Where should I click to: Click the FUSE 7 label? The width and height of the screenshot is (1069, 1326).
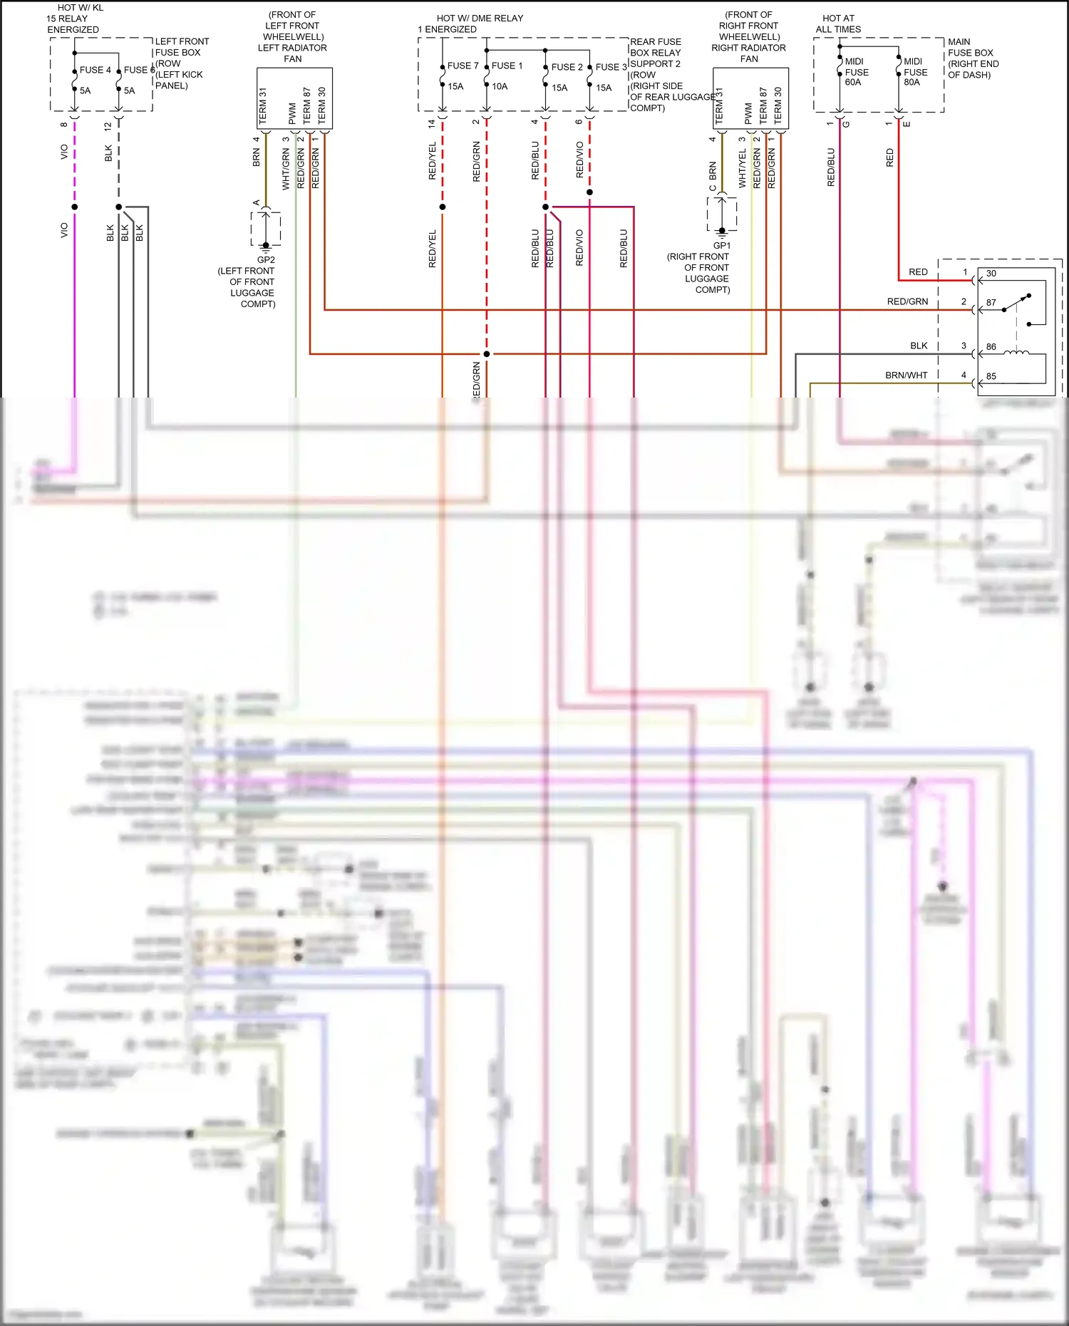point(463,66)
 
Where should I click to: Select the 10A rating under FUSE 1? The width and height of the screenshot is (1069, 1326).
point(500,86)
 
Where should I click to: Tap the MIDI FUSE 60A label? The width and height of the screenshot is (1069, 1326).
point(856,72)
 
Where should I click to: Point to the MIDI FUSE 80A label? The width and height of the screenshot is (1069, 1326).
point(915,72)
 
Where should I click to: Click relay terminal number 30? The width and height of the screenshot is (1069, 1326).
point(991,274)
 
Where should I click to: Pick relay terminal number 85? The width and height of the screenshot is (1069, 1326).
point(991,376)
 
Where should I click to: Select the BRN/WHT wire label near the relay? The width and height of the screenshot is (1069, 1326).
point(906,375)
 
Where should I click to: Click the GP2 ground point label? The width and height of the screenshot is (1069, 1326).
point(266,260)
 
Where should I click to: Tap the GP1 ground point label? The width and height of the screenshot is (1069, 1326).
point(721,246)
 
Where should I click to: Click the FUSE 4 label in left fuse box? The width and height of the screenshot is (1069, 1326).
point(95,70)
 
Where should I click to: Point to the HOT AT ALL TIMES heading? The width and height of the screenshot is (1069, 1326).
point(838,24)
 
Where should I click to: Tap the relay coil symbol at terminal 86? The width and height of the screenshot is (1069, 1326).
point(1016,351)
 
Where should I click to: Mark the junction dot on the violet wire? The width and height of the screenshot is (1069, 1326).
point(74,207)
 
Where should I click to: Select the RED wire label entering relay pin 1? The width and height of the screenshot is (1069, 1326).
point(918,272)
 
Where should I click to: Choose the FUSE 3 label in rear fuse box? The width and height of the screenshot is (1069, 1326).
point(611,67)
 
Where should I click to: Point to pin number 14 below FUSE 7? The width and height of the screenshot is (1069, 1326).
point(431,123)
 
